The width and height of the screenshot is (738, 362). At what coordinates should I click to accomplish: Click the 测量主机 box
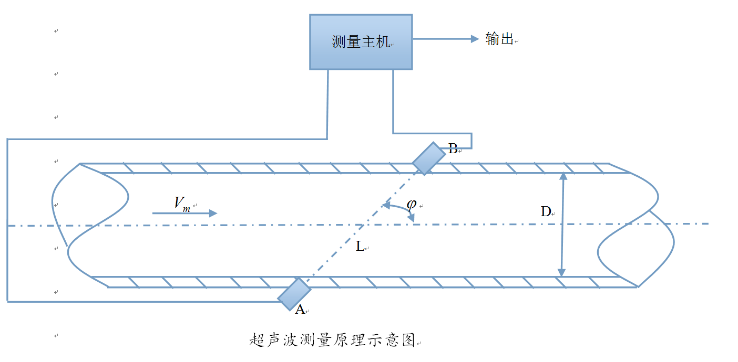coord(361,42)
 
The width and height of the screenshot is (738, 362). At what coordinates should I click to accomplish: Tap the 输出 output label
coord(499,39)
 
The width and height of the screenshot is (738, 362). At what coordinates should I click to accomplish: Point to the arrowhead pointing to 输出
coord(474,38)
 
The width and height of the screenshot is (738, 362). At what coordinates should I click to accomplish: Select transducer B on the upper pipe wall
coord(428,158)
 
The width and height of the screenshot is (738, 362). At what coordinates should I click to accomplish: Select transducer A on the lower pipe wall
coord(294,294)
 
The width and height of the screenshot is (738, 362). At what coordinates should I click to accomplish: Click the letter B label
coord(453,148)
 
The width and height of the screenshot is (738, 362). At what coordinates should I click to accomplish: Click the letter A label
coord(300,310)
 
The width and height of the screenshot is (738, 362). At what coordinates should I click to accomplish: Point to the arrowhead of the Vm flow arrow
coord(213,213)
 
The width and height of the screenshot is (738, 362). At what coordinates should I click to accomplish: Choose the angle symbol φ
coord(412,204)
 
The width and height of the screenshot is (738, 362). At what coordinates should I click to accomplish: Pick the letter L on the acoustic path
coord(360,246)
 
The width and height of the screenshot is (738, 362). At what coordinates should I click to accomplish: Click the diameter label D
coord(546,212)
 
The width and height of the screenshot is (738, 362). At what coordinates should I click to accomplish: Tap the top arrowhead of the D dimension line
coord(563,176)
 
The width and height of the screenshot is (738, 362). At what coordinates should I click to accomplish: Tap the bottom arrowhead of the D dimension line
coord(561,273)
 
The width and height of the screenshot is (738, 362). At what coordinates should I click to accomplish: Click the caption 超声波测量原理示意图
coord(332,340)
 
